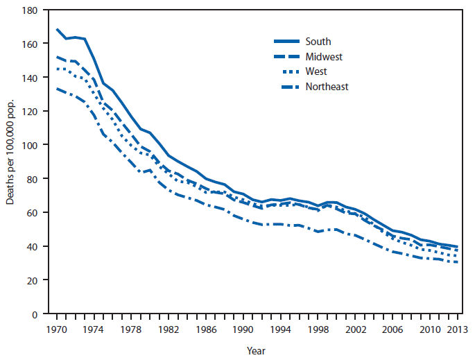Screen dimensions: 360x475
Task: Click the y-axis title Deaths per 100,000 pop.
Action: (9, 162)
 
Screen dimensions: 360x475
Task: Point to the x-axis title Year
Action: (255, 351)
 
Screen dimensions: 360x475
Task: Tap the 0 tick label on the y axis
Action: (33, 314)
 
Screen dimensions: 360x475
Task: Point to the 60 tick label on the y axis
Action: (31, 213)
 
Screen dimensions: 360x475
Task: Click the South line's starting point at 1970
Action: (56, 29)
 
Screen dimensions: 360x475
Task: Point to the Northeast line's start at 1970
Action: (56, 89)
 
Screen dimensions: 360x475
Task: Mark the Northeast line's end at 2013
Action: (457, 262)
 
